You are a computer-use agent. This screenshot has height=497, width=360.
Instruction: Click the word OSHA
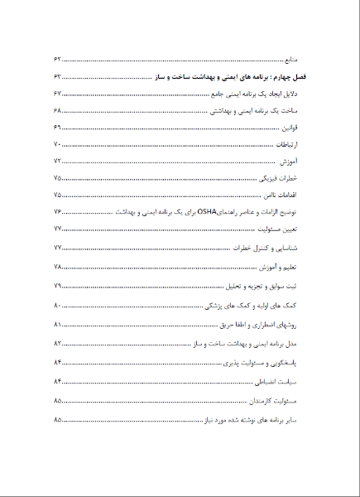tap(204, 213)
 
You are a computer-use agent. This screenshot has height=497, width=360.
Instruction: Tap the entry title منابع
tap(295, 60)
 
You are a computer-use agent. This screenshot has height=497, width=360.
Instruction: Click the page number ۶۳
tap(58, 77)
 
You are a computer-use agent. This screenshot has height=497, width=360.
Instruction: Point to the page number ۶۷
tap(58, 94)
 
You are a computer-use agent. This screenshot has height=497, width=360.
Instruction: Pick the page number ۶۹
tap(58, 128)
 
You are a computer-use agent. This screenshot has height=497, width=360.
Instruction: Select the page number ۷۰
tap(58, 145)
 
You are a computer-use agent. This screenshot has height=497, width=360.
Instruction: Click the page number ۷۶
tap(58, 213)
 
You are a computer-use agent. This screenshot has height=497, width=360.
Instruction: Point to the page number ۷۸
tap(58, 267)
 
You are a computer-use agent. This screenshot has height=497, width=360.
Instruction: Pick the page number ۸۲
tap(58, 343)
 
